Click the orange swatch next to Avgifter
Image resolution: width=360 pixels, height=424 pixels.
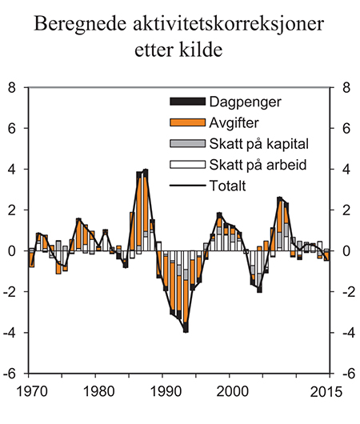coord(186,123)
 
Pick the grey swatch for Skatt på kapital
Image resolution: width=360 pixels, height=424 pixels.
coord(186,144)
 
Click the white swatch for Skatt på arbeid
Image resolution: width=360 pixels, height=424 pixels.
coord(186,165)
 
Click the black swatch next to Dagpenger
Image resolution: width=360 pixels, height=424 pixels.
coord(186,102)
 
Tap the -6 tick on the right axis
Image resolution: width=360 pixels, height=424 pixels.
coord(346,374)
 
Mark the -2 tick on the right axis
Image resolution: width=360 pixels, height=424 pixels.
coord(346,292)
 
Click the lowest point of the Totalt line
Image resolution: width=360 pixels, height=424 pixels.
coord(186,330)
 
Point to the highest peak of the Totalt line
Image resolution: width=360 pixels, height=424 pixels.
coord(146,170)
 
